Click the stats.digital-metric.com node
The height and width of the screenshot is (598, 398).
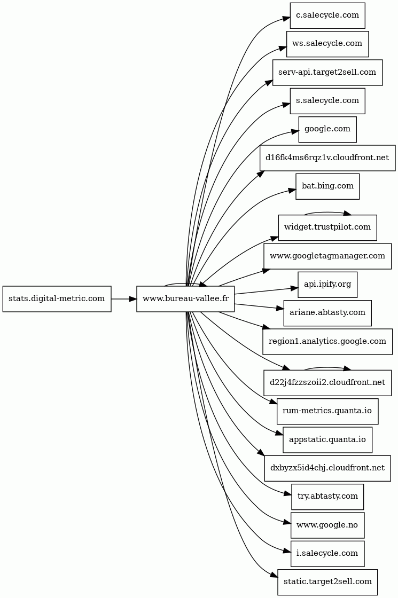[x=57, y=298]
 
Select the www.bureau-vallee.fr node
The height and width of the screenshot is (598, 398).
[x=185, y=298]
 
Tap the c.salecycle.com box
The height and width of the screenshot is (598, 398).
[x=327, y=15]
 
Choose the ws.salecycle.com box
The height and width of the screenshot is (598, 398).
[x=327, y=44]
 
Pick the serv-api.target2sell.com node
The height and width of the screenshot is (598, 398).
[x=327, y=73]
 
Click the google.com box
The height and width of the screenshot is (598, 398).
[x=327, y=129]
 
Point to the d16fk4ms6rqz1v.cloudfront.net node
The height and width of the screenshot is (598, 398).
[x=327, y=158]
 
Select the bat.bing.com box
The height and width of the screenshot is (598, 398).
[x=327, y=186]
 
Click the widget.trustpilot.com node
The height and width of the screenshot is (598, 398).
[x=327, y=227]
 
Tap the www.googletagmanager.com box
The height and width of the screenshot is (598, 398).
[x=327, y=256]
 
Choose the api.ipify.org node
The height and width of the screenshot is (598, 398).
[x=327, y=285]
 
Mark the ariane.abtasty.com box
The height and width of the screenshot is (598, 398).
[x=327, y=313]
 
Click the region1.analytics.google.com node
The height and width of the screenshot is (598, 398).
[x=327, y=341]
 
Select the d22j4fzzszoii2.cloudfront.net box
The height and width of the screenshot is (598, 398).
[x=327, y=382]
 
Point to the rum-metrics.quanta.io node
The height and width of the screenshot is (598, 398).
[x=327, y=411]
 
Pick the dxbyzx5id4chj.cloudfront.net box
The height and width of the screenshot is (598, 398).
[x=327, y=468]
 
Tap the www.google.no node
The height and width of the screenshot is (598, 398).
[x=327, y=525]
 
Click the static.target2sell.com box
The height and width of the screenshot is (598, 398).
[x=327, y=582]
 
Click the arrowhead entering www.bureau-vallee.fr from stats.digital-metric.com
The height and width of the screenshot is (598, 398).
[x=132, y=298]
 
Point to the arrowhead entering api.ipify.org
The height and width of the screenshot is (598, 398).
[x=294, y=289]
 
